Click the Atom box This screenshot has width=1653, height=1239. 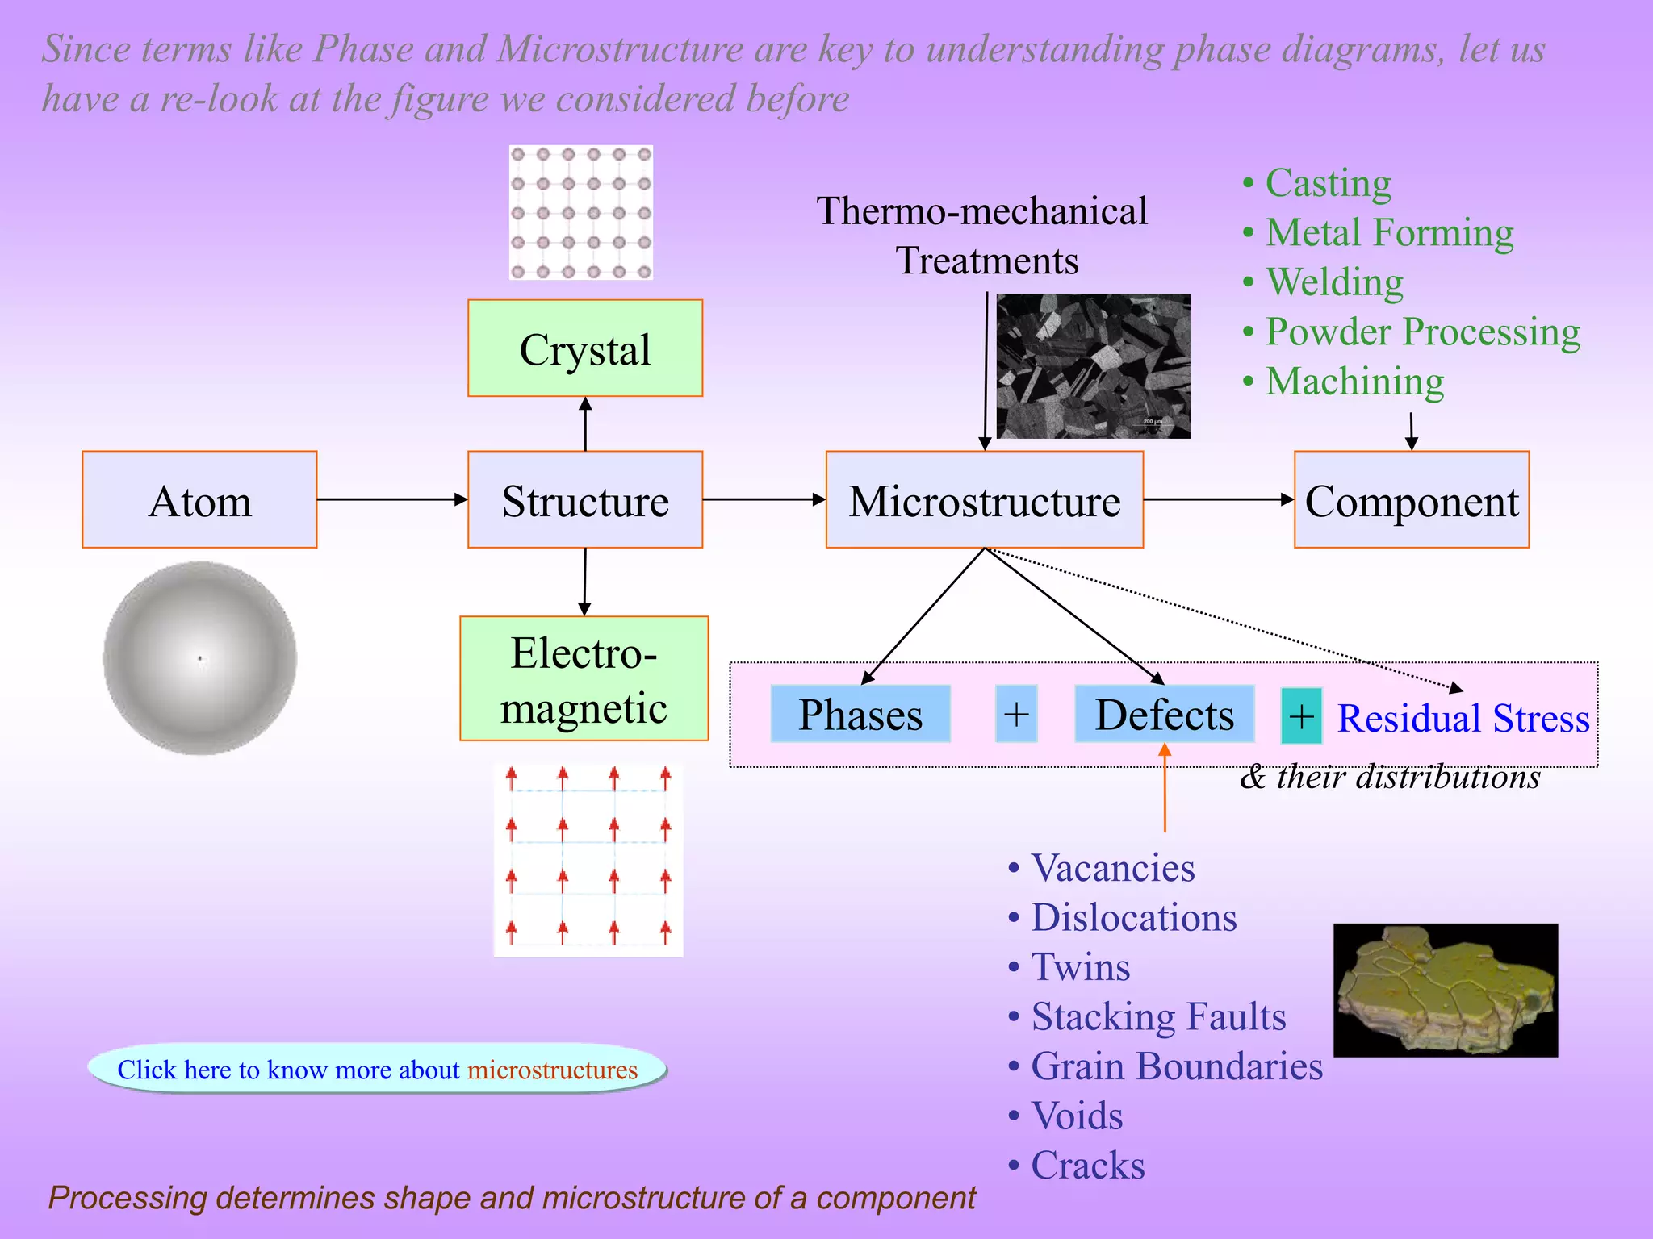pos(199,500)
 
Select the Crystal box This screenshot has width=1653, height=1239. pos(585,348)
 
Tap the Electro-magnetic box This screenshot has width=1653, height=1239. pos(584,679)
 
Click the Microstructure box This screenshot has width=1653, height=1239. pos(984,500)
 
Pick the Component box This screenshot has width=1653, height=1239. pos(1411,500)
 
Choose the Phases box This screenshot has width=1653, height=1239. pos(860,715)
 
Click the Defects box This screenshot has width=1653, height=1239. pos(1164,715)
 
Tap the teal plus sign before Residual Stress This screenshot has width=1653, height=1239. pos(1301,716)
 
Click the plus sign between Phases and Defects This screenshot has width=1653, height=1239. pos(1016,715)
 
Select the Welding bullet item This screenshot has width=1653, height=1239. pos(1334,282)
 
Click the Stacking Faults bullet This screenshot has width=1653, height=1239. pos(1158,1016)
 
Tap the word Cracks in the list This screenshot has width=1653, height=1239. pos(1088,1166)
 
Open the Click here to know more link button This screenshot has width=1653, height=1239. pos(377,1070)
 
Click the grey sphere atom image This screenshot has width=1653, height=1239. pos(200,658)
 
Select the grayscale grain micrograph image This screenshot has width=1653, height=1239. pos(1093,366)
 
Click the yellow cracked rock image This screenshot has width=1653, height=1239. pos(1445,991)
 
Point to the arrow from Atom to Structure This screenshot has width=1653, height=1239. pos(392,500)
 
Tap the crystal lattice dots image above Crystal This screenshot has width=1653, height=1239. pos(581,213)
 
